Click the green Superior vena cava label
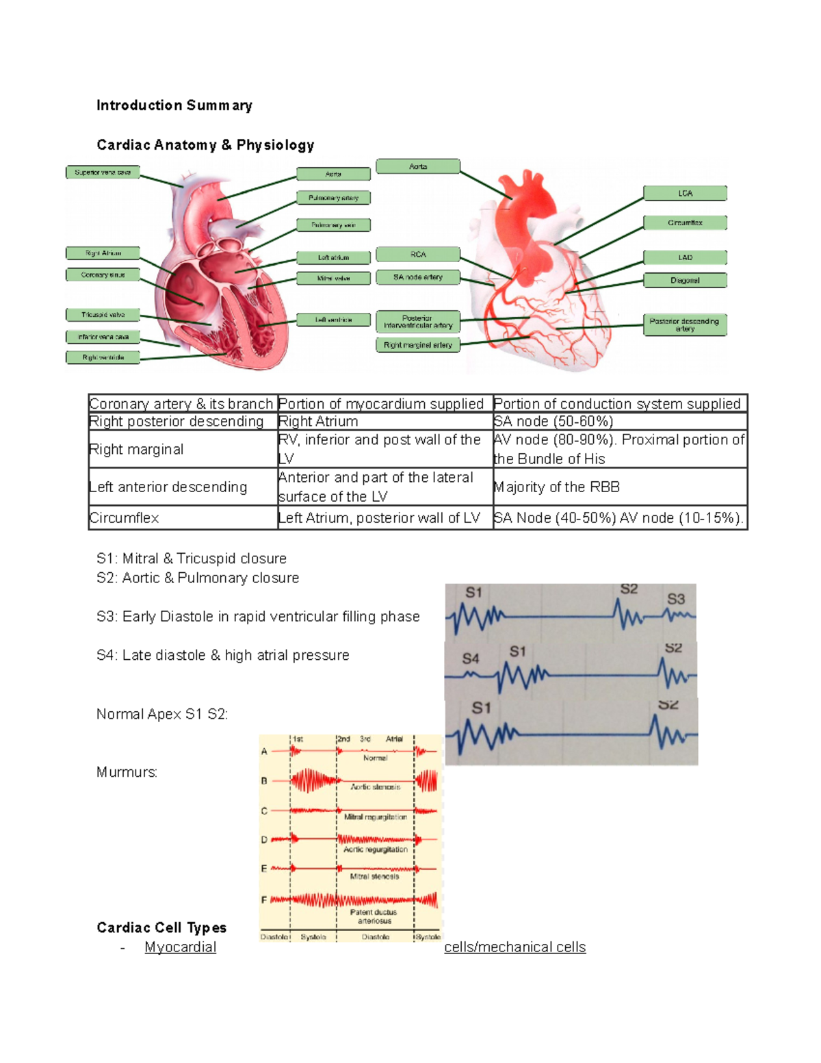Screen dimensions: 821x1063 tap(103, 172)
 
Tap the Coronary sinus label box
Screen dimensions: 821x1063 tap(103, 275)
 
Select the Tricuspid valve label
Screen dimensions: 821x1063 tap(103, 315)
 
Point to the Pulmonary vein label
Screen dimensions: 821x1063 tap(333, 225)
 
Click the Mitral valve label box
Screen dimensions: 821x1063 tap(333, 279)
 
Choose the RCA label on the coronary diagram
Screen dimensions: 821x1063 tap(417, 255)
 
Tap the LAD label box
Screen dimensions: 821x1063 tap(685, 257)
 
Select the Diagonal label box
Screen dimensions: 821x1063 tap(685, 280)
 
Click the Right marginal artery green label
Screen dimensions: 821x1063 tap(417, 345)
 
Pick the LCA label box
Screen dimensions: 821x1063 tap(685, 194)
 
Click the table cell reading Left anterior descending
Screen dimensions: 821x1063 tap(168, 487)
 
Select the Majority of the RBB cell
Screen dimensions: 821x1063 tap(557, 487)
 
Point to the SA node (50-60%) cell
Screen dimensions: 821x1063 tap(553, 422)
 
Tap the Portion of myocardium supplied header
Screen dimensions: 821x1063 tap(381, 404)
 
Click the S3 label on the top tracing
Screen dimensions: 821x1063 tap(676, 599)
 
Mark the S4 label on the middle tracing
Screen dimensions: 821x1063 tap(471, 658)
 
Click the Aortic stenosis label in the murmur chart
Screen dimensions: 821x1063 tap(375, 787)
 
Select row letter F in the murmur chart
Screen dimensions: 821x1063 tap(264, 899)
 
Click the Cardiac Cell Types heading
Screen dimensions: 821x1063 tap(161, 927)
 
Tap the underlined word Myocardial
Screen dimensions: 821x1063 tap(180, 947)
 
